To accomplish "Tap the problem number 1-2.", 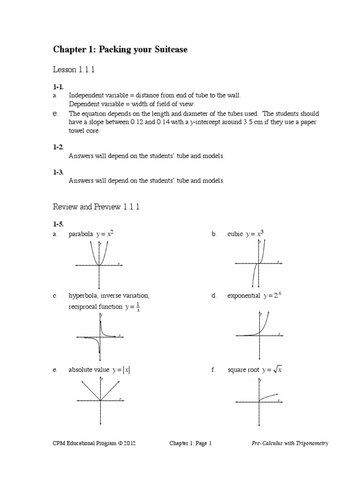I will (x=58, y=147).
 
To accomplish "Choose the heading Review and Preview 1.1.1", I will (x=97, y=207).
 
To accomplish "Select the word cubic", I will (x=235, y=234).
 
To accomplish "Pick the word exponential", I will (x=243, y=296).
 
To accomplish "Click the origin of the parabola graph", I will (x=99, y=265).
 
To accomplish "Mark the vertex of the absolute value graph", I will (x=99, y=401).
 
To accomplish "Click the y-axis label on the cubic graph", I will (x=260, y=244).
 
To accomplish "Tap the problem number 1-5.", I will (x=58, y=225).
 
